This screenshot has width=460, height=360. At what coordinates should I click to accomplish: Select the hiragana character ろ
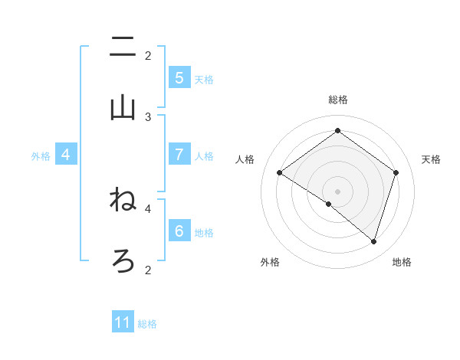123,261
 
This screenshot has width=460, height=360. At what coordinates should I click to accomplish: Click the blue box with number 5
179,78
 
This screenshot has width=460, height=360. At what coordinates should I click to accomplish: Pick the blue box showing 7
179,155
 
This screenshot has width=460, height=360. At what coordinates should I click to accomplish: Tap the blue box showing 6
179,231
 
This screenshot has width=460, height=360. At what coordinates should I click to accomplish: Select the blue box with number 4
66,155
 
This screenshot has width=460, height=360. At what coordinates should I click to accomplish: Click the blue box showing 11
123,322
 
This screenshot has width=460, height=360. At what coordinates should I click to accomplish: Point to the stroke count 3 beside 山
148,116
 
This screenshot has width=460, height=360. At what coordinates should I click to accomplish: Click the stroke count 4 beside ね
148,208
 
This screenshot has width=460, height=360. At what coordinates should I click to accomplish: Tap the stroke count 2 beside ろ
148,269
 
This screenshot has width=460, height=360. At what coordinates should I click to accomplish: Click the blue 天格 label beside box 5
204,79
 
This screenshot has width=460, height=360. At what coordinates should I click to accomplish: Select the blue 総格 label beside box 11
147,323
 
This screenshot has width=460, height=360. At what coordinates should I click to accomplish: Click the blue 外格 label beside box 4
41,155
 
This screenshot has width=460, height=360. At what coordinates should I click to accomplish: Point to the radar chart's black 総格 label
337,100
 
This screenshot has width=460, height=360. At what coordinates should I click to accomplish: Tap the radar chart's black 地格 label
402,262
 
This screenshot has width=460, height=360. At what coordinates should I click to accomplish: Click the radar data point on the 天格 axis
396,172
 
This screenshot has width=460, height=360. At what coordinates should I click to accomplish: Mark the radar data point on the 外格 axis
329,205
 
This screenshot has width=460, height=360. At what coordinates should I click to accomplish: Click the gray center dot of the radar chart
337,191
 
